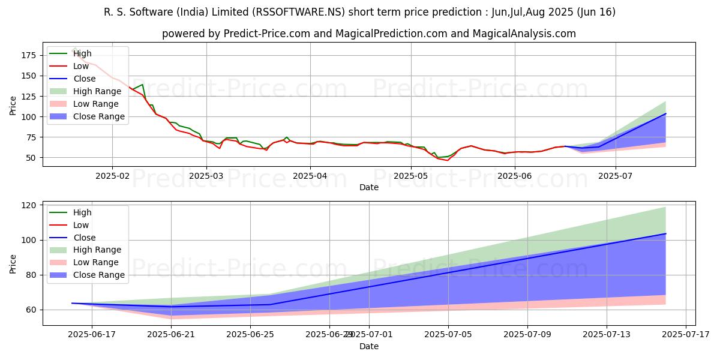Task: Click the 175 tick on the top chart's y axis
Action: point(29,55)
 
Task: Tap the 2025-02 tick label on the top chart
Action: point(112,176)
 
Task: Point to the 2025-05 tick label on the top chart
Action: point(411,176)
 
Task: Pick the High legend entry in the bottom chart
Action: point(82,212)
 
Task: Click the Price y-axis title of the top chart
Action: point(13,105)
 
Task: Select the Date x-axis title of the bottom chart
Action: point(369,346)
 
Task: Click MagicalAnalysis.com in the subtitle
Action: point(524,34)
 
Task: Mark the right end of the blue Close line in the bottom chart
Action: point(665,233)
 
